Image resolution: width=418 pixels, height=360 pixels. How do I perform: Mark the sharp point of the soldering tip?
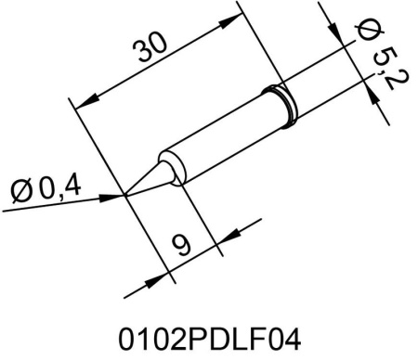click(x=125, y=195)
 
